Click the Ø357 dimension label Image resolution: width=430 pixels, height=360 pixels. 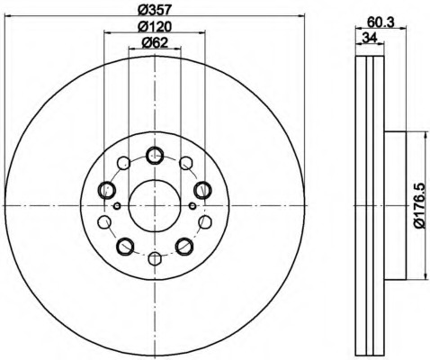[x=155, y=10]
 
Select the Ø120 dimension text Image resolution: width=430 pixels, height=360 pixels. [x=155, y=27]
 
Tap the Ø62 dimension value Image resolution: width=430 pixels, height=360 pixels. [x=155, y=43]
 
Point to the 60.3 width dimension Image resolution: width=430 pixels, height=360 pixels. [x=381, y=22]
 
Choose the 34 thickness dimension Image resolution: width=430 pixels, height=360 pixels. [x=370, y=38]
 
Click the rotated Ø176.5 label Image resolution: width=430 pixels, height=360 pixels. [x=419, y=205]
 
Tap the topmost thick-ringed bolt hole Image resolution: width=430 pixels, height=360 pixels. [x=155, y=156]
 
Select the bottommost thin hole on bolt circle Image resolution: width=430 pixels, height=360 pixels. [x=155, y=258]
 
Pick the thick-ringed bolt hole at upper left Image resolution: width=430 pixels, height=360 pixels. [x=107, y=190]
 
